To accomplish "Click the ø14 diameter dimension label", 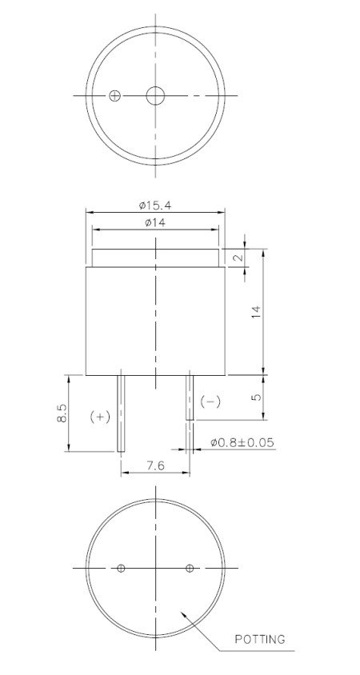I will click(x=155, y=223).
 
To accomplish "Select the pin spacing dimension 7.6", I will click(x=155, y=466).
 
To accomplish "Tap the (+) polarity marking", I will click(x=99, y=417).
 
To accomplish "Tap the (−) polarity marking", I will click(x=209, y=401).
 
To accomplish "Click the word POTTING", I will click(x=261, y=639).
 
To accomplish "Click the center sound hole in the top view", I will click(x=154, y=95).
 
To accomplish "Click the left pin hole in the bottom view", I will click(x=121, y=569).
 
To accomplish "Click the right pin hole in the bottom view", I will click(x=190, y=569).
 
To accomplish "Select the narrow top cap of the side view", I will click(x=155, y=258).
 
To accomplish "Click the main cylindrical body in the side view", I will click(x=155, y=320).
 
